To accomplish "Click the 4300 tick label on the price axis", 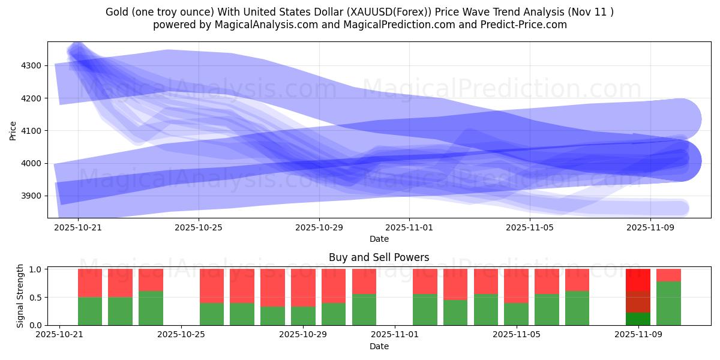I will (x=31, y=65).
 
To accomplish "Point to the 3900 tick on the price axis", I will (x=31, y=196).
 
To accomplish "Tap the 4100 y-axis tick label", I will (x=31, y=131).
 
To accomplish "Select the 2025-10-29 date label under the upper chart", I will (x=319, y=227).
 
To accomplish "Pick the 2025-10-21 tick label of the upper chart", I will (x=79, y=227).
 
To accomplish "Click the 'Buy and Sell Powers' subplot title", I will (x=379, y=257).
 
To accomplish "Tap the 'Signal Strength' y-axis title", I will (x=20, y=296).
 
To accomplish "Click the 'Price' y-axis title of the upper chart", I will (x=13, y=130).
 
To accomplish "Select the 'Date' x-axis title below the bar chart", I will (x=379, y=346).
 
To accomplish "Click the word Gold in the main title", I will (x=118, y=12).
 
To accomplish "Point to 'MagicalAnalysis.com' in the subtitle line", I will (x=247, y=25).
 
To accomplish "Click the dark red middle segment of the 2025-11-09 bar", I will (x=638, y=302).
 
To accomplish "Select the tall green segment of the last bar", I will (x=668, y=303).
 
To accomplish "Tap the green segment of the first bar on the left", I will (x=90, y=311).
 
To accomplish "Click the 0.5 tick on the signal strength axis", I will (x=37, y=297).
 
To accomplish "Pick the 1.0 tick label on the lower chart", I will (x=37, y=269).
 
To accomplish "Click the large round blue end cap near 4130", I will (x=680, y=119).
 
